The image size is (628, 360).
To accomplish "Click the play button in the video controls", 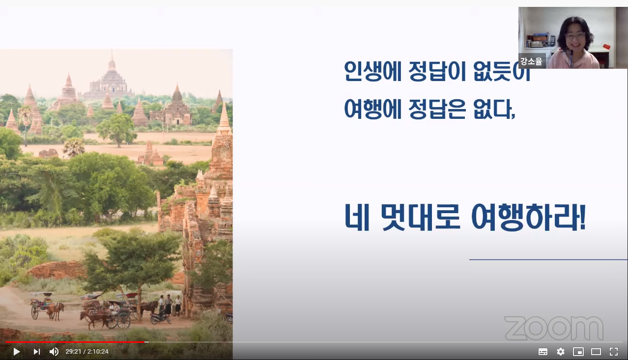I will tap(16, 352).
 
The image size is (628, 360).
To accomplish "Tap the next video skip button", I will tap(36, 352).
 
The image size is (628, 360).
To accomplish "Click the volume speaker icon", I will tap(54, 352).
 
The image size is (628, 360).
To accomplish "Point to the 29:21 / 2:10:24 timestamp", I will tap(87, 352).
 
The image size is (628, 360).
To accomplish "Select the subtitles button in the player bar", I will tap(543, 352).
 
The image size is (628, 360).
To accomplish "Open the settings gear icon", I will tap(561, 352).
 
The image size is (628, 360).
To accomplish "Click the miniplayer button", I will tap(578, 352).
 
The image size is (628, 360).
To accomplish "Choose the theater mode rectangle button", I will tap(596, 352).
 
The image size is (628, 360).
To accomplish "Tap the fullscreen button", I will tap(614, 352).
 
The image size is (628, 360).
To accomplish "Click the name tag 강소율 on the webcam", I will tap(532, 62).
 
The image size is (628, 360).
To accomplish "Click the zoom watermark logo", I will tap(554, 328).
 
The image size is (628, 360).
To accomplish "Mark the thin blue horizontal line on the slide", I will tap(548, 259).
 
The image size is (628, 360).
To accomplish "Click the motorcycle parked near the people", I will tap(160, 318).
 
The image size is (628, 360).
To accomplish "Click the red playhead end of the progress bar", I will tap(145, 342).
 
